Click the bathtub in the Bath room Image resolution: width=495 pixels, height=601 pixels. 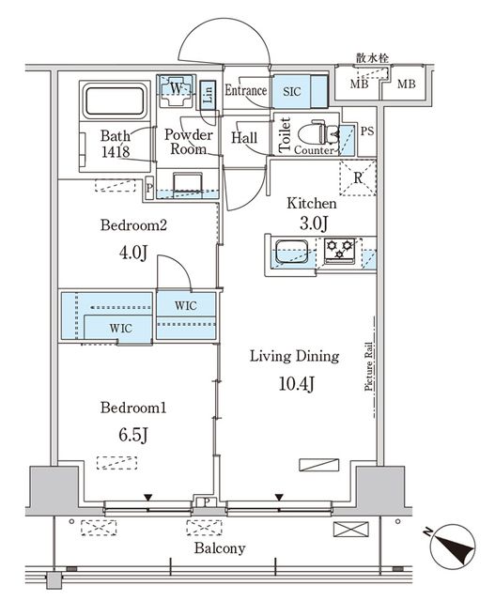[115, 101]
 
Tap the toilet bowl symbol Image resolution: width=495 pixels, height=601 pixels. [317, 132]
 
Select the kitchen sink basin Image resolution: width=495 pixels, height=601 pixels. [291, 252]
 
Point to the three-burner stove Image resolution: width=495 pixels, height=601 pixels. [339, 251]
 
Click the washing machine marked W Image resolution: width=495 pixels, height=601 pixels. [177, 91]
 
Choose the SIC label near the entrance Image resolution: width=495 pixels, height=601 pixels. [292, 92]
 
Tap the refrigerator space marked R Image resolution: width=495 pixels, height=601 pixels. [358, 178]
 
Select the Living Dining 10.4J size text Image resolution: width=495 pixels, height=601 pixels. [297, 384]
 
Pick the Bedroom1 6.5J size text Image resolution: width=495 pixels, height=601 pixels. [133, 435]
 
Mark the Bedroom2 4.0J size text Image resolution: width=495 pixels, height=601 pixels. [133, 253]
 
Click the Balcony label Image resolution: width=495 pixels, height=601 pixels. [219, 548]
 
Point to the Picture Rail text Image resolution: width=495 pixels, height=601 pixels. [368, 366]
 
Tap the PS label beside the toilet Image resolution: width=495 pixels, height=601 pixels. [367, 131]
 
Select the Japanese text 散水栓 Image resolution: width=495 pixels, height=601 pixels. [372, 58]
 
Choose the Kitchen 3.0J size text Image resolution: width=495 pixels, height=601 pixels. [314, 223]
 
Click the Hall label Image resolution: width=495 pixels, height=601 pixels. [244, 138]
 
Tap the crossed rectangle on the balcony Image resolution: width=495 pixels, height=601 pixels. [350, 530]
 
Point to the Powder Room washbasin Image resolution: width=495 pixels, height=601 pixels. [188, 185]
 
